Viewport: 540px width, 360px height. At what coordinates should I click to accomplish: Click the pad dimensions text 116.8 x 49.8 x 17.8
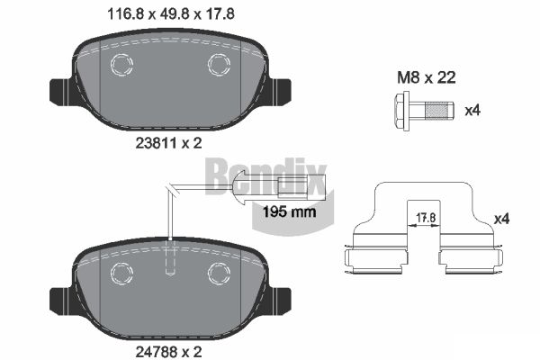[x=171, y=14]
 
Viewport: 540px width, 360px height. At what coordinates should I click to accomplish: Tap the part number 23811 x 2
[x=168, y=143]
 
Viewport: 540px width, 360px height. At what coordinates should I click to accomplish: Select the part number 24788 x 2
[x=168, y=352]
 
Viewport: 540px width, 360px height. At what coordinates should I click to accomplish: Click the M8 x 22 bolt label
[x=427, y=77]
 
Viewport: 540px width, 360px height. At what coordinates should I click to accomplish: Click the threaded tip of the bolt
[x=439, y=111]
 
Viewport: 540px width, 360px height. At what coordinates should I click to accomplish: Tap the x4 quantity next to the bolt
[x=472, y=111]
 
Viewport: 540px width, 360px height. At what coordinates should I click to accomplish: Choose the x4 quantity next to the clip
[x=501, y=219]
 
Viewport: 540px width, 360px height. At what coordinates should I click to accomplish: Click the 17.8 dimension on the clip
[x=426, y=218]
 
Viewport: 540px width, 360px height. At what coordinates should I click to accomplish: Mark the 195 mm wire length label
[x=289, y=211]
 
